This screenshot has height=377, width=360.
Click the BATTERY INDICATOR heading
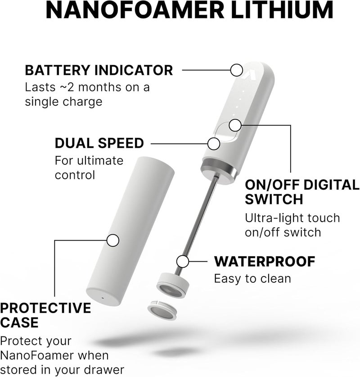99,71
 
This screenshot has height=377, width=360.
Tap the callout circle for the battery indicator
236,70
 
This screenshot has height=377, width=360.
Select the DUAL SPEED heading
99,144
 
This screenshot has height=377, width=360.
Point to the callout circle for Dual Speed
214,144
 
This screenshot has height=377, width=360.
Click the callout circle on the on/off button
234,125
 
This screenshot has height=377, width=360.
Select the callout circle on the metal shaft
183,261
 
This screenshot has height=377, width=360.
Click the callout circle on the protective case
112,240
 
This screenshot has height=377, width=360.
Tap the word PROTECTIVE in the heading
45,309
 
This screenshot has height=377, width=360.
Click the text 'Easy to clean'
252,278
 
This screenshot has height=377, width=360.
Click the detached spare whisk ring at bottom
161,311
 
